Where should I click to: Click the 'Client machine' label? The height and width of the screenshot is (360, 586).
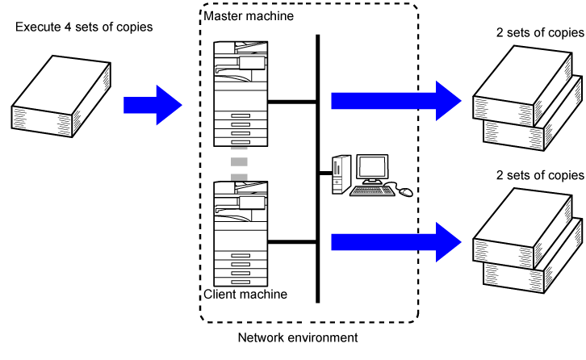pyautogui.click(x=245, y=294)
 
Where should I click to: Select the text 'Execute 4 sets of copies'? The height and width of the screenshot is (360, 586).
pyautogui.click(x=84, y=28)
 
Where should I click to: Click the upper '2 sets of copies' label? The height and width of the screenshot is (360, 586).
pyautogui.click(x=539, y=33)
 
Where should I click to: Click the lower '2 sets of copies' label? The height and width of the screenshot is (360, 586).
pyautogui.click(x=539, y=174)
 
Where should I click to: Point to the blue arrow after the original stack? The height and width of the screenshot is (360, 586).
pyautogui.click(x=153, y=104)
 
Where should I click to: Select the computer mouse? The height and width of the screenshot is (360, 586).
pyautogui.click(x=405, y=192)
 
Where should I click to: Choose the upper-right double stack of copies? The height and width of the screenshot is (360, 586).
pyautogui.click(x=526, y=99)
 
